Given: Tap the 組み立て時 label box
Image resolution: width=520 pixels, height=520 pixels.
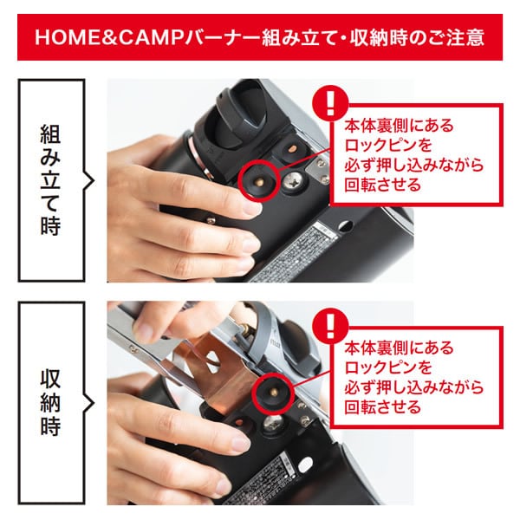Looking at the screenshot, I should [52, 179].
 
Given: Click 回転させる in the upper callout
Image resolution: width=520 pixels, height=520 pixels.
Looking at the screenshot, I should [382, 185].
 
